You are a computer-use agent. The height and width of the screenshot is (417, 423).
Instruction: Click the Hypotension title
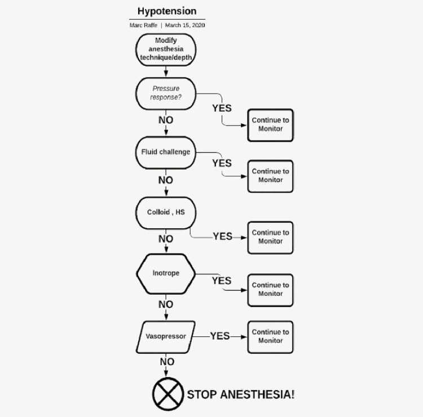(167, 11)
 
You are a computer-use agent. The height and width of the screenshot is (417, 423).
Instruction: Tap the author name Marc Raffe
(143, 25)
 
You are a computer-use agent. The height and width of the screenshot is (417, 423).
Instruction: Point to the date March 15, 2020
(185, 25)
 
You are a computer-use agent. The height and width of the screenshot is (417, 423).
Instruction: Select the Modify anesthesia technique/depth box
(166, 50)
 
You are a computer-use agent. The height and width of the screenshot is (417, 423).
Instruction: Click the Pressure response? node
(166, 94)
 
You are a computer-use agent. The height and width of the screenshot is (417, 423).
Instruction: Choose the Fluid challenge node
(166, 153)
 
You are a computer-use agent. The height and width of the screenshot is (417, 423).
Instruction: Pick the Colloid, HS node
(166, 213)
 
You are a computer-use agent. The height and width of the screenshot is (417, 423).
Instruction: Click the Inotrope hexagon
(166, 274)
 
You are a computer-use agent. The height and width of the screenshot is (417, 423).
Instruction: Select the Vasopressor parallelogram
(166, 337)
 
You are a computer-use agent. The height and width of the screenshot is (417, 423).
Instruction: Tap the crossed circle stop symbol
(168, 394)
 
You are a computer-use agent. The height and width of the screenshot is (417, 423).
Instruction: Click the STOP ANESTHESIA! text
(241, 394)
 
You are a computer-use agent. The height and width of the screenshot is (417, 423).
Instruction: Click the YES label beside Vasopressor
(220, 336)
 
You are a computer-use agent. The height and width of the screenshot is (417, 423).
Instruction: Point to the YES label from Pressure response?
(222, 108)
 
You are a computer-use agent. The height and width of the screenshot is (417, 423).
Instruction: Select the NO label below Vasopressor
(168, 362)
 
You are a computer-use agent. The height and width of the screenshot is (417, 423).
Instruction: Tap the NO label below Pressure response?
(166, 120)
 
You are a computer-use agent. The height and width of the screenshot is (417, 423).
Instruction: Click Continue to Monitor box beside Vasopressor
(270, 337)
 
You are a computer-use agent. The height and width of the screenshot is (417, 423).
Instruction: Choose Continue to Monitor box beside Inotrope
(270, 290)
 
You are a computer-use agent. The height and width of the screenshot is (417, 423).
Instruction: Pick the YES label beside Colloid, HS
(223, 237)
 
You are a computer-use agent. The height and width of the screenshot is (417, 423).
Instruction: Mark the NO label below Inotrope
(166, 304)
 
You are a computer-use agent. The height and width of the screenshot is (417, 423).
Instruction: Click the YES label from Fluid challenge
(222, 163)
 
